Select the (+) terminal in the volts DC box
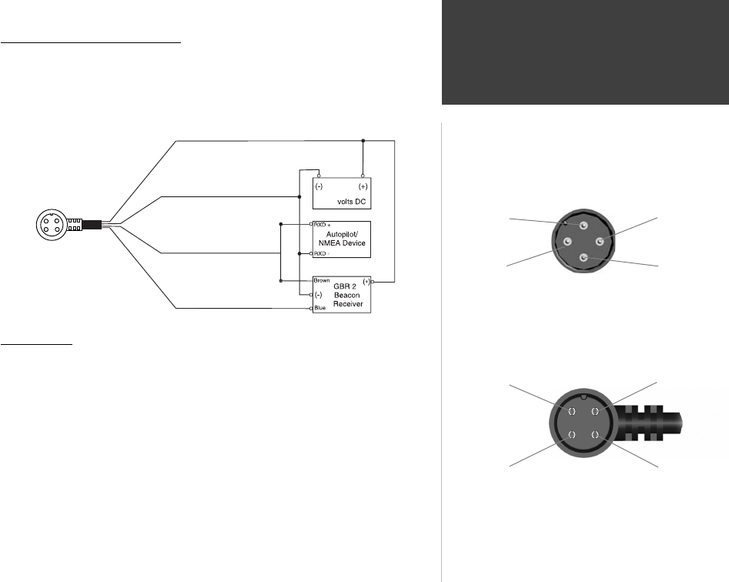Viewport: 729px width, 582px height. click(x=363, y=186)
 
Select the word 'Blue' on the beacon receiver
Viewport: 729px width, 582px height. click(x=320, y=308)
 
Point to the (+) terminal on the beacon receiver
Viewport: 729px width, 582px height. click(x=365, y=282)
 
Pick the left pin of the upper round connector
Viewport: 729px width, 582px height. click(x=567, y=242)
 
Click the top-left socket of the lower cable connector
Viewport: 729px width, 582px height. click(x=572, y=412)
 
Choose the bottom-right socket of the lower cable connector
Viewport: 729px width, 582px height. click(x=595, y=436)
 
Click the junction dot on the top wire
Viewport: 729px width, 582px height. click(x=363, y=141)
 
